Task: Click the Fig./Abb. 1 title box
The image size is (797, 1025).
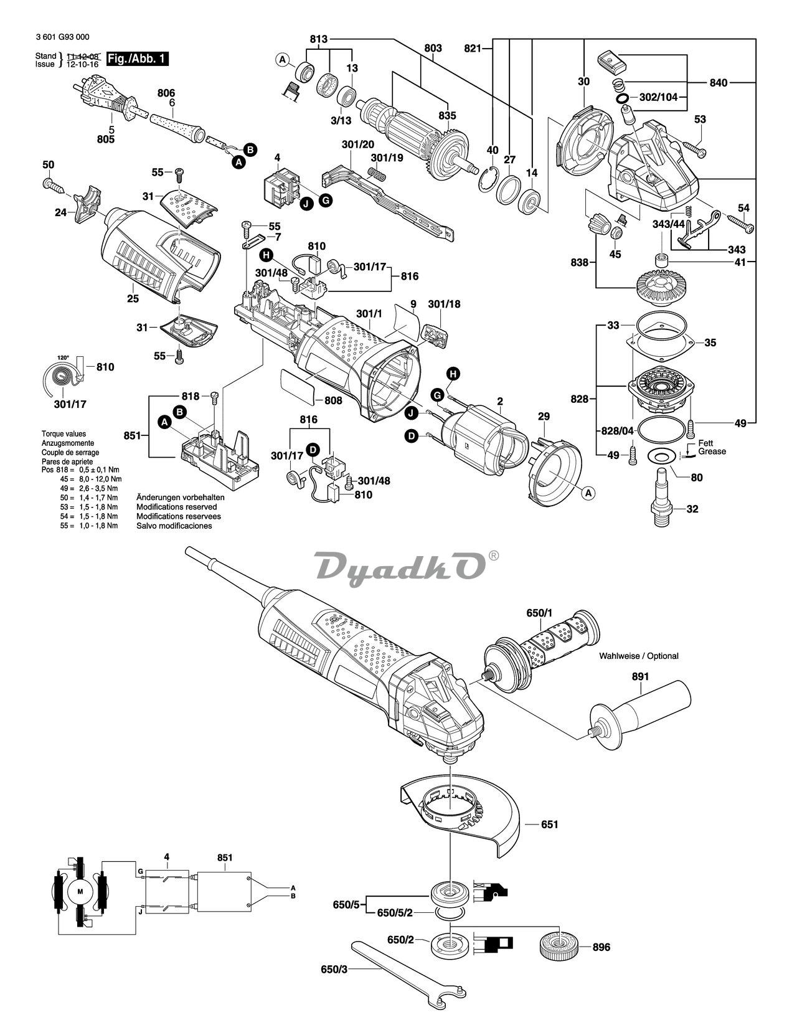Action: [x=137, y=59]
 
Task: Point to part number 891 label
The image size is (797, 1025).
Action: [x=639, y=676]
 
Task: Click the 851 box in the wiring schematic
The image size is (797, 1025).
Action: [x=224, y=890]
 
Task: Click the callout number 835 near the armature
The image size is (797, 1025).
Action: [x=446, y=115]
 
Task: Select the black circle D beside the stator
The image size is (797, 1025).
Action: [x=412, y=437]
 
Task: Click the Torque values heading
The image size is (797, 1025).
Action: [x=64, y=433]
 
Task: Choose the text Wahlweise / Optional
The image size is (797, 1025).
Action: [x=638, y=656]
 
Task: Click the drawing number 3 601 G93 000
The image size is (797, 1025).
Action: [x=62, y=37]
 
